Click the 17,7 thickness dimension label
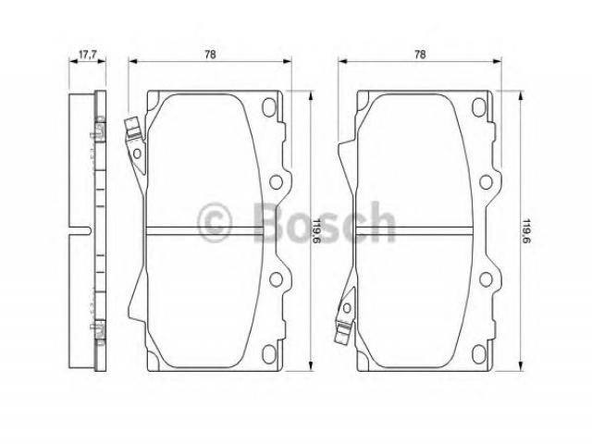87,55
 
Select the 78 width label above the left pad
210,55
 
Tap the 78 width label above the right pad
420,55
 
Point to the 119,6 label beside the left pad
317,231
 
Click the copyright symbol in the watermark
215,224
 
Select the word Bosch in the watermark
324,223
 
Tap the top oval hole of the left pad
269,107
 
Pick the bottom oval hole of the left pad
269,354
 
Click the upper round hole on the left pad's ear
276,182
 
